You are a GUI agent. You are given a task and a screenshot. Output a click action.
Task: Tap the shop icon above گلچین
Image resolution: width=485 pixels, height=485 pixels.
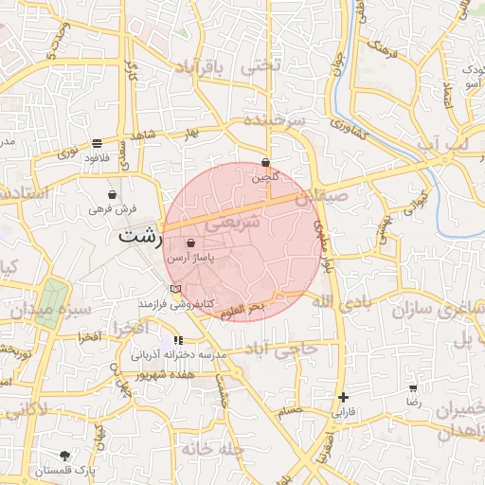click(265, 163)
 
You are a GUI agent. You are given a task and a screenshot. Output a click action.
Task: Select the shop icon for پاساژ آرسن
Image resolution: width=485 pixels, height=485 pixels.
click(191, 243)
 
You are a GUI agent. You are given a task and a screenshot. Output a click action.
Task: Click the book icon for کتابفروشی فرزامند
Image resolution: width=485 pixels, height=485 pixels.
click(173, 289)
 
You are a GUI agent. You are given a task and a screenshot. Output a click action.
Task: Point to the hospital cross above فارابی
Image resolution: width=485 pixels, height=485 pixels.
click(343, 397)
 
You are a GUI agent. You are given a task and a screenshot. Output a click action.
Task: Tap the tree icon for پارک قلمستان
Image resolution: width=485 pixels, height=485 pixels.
click(64, 455)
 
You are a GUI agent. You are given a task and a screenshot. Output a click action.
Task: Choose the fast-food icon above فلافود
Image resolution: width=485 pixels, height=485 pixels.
click(98, 143)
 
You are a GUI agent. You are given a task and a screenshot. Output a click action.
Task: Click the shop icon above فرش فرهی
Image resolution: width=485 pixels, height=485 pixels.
click(114, 193)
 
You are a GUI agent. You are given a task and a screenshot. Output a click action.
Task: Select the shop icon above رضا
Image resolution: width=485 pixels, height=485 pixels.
click(413, 388)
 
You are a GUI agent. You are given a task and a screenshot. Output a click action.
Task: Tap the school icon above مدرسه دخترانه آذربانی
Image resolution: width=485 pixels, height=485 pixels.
click(178, 340)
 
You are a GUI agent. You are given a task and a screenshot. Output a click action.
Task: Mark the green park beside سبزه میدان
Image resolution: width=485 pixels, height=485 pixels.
click(52, 290)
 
